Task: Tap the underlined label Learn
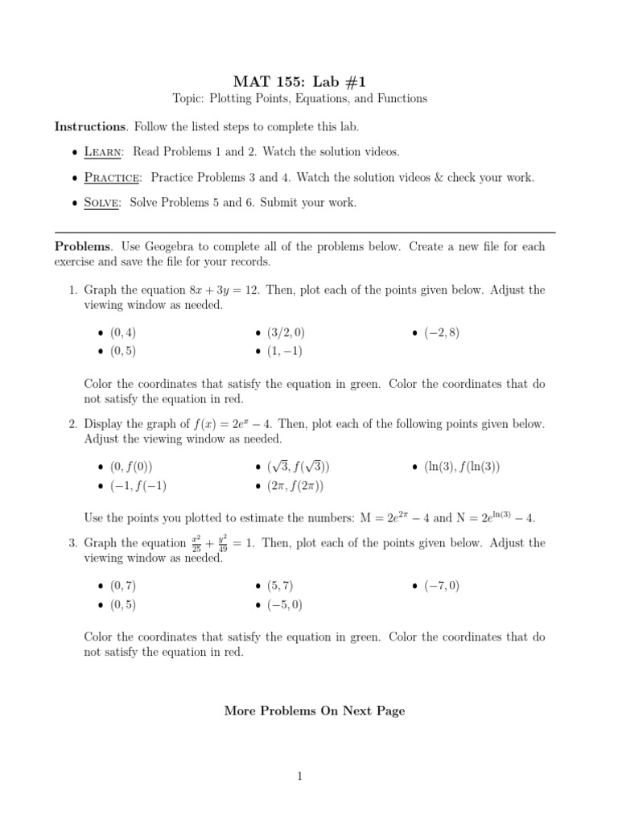coord(105,152)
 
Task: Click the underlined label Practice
coord(113,177)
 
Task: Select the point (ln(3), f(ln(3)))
coord(463,467)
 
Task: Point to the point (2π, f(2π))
coord(295,485)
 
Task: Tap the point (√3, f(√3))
coord(299,467)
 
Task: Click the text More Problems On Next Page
coord(315,711)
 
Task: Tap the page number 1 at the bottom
coord(299,777)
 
